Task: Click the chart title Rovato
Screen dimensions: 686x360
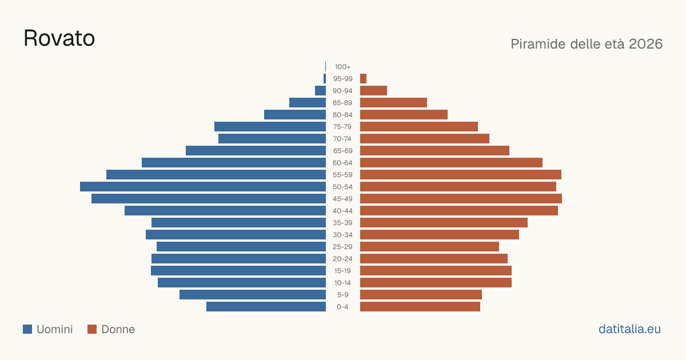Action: (59, 38)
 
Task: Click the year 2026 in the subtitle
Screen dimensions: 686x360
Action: (645, 44)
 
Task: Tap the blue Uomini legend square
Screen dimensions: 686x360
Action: (27, 329)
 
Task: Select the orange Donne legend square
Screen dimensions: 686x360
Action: (92, 329)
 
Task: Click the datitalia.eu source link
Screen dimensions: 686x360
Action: (629, 329)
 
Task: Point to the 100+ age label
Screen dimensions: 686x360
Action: (342, 67)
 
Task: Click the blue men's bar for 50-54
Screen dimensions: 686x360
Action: (203, 187)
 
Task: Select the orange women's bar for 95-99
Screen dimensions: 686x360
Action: (363, 79)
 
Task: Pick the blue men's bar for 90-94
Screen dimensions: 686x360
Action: (320, 91)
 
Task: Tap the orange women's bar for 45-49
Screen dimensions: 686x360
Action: (461, 199)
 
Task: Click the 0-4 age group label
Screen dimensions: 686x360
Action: (342, 307)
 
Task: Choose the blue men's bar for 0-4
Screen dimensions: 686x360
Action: (266, 307)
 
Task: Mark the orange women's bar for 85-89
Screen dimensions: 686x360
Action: (393, 102)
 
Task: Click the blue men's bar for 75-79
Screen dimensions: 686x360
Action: (270, 127)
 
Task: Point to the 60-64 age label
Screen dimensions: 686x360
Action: (342, 163)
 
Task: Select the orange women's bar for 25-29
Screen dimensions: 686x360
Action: (429, 247)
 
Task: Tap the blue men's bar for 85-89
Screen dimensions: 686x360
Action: (308, 102)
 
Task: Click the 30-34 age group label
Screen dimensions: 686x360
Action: (342, 235)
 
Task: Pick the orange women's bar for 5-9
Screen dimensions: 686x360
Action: (421, 295)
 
